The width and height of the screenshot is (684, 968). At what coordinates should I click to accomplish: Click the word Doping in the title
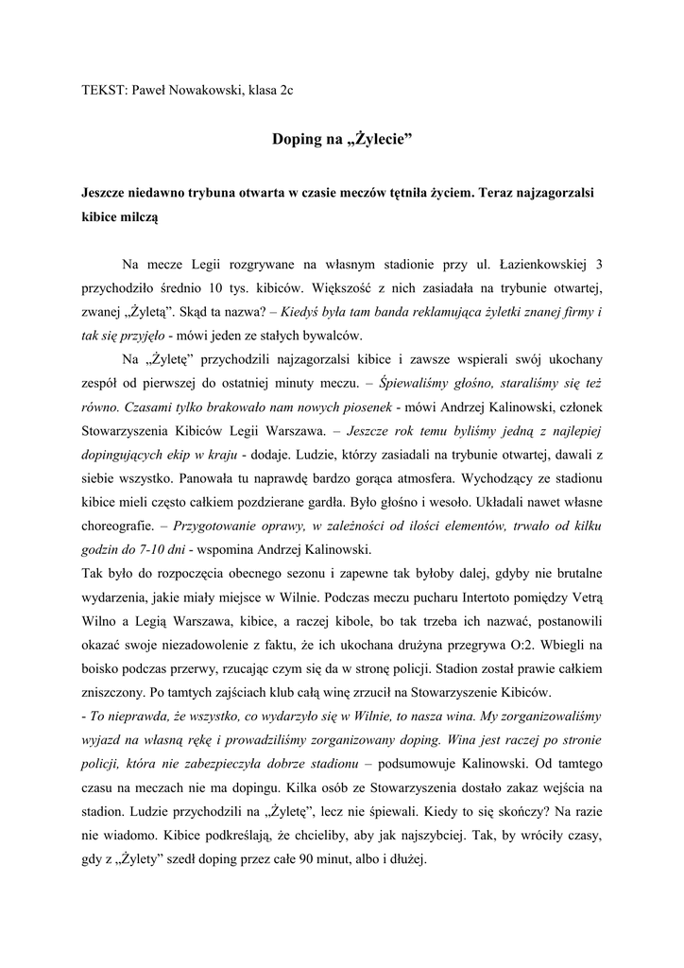click(x=297, y=140)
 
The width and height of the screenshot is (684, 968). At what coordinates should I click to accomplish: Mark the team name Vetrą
click(x=582, y=597)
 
